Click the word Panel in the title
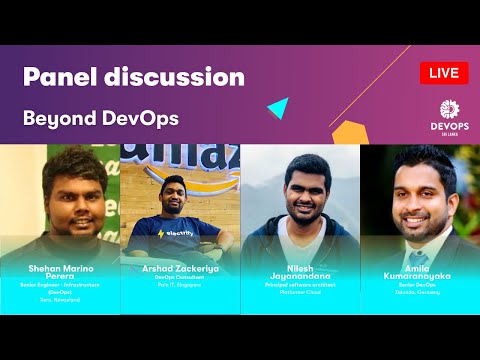[66, 77]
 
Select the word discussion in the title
[180, 77]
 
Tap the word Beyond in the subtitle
[59, 117]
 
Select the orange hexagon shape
[346, 132]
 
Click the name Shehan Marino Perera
[60, 275]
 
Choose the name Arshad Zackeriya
[180, 270]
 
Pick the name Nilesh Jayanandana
[301, 275]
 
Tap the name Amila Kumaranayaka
[419, 275]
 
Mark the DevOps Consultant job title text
[180, 279]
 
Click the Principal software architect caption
[301, 289]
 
